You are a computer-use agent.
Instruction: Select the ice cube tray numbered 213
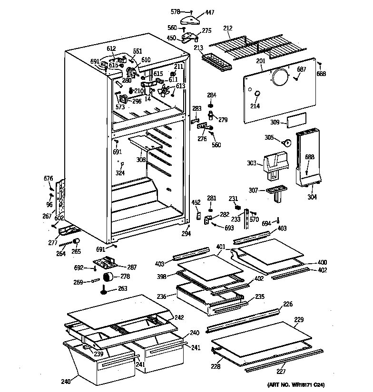214,62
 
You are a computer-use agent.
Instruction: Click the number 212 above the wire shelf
228,29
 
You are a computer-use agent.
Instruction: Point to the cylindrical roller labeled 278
109,277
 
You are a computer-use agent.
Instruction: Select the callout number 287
132,268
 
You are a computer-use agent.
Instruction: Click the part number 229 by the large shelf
298,320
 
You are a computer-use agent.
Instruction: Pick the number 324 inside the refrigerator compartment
120,173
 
